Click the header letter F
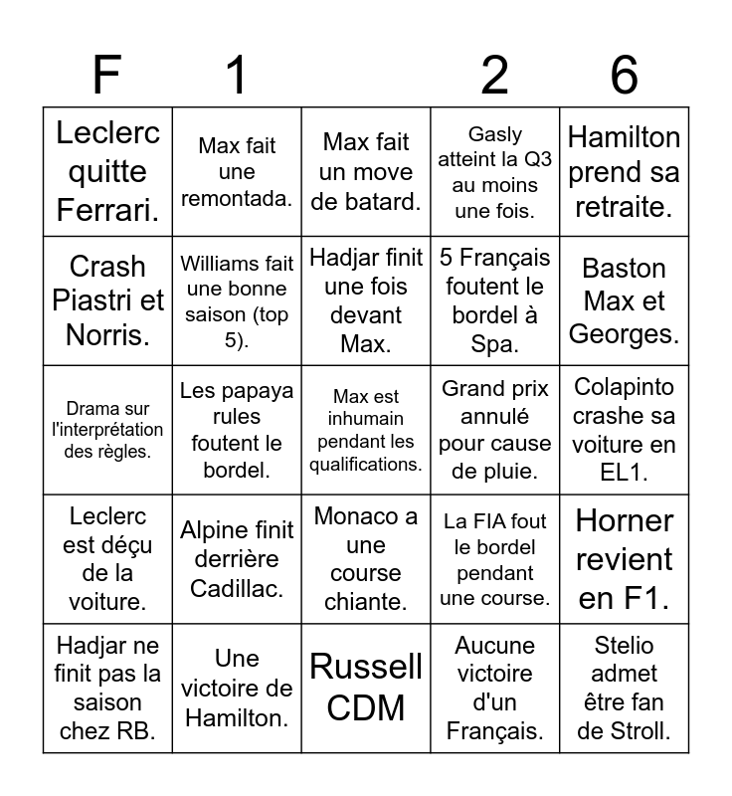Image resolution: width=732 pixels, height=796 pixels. [106, 76]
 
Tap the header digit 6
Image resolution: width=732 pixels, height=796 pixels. [624, 76]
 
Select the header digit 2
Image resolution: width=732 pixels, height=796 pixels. [494, 76]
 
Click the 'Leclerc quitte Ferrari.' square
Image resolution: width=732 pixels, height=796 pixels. [107, 171]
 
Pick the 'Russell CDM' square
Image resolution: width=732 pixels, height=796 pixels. [366, 687]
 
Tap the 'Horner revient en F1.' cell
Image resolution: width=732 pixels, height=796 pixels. [624, 559]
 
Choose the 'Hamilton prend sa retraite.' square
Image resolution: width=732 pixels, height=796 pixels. [624, 171]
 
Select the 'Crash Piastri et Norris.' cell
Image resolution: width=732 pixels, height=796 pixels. [107, 300]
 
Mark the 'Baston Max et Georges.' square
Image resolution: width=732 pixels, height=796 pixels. [624, 300]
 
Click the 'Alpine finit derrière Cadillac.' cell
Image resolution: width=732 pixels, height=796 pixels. [237, 559]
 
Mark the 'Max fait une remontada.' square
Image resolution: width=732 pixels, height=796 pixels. [237, 171]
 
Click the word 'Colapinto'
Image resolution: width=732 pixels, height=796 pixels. [624, 387]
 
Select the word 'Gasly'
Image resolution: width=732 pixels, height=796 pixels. [494, 133]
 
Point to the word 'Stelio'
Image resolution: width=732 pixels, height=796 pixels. [624, 645]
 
